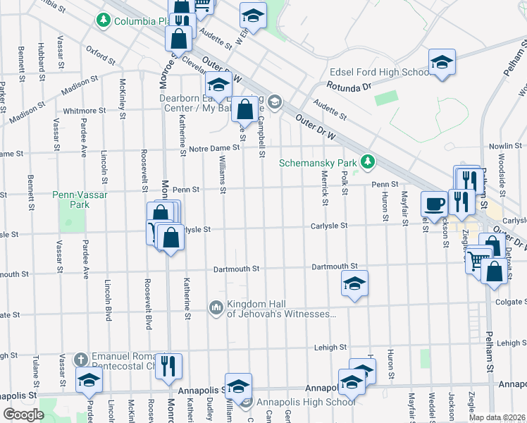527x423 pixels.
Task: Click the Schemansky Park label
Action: click(x=318, y=162)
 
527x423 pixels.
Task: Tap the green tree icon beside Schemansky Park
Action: click(x=366, y=162)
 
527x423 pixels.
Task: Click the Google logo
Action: click(x=23, y=415)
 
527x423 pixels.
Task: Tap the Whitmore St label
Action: click(x=85, y=111)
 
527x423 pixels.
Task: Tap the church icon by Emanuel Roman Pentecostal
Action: click(x=82, y=359)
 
